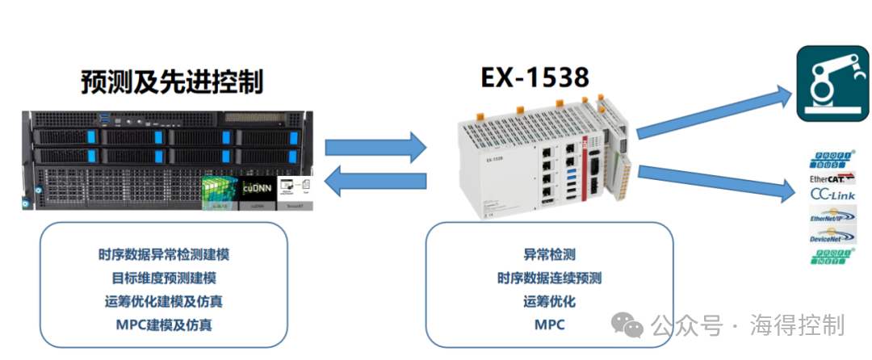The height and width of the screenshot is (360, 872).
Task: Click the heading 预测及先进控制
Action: pos(172,82)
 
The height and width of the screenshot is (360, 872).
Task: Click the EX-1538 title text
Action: pos(535,77)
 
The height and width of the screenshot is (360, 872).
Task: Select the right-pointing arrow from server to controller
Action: pos(375,147)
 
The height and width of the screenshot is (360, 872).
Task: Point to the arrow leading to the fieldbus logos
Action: pos(714,182)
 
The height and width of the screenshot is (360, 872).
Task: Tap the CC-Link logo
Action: pos(831,195)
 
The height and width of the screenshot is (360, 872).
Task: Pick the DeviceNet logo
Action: pos(831,237)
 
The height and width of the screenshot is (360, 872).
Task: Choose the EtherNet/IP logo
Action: pos(831,216)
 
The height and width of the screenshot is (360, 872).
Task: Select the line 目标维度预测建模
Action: pos(164,278)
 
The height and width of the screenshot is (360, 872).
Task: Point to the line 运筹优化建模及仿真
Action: pos(164,302)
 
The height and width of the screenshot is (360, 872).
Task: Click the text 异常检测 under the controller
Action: pos(549,255)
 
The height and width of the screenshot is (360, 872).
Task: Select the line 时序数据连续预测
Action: pos(549,278)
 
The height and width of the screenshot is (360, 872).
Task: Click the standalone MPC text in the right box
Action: pos(549,325)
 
